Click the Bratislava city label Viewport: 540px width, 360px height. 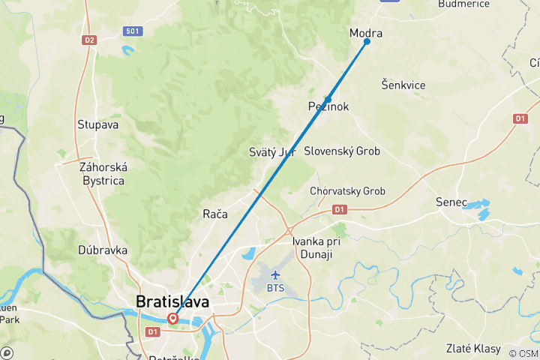[x=172, y=301]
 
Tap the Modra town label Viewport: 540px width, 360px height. [x=366, y=33]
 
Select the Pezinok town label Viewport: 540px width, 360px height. [x=328, y=107]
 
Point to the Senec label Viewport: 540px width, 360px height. [x=451, y=202]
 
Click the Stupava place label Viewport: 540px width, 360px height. [x=97, y=124]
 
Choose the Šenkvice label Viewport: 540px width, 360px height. [x=403, y=85]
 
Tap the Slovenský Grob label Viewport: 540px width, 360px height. [x=342, y=151]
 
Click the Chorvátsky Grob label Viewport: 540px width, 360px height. [x=347, y=191]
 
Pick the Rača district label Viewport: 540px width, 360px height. [x=214, y=214]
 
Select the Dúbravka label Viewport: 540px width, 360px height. [x=102, y=250]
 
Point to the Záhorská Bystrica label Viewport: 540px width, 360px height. [x=103, y=173]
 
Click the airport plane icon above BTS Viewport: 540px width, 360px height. [x=274, y=274]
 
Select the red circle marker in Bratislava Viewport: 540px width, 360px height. [x=173, y=318]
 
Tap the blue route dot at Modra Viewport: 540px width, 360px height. [x=367, y=41]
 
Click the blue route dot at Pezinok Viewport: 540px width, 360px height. [x=328, y=99]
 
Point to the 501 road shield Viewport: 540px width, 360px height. [x=131, y=31]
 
